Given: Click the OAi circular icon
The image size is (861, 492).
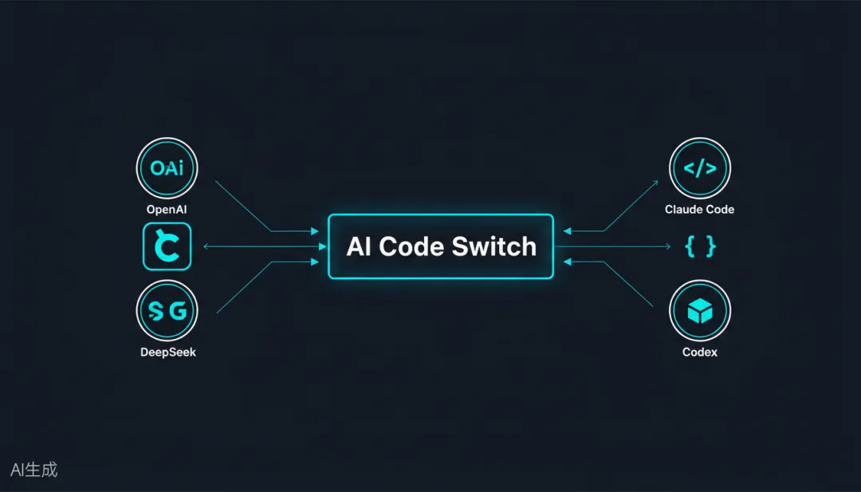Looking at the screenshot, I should [x=167, y=168].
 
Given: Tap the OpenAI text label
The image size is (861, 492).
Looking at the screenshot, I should [x=167, y=210].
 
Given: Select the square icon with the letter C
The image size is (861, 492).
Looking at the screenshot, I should [x=167, y=247].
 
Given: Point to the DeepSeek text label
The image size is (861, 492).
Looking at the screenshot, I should [x=167, y=352].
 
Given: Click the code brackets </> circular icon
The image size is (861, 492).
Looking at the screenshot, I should [x=699, y=168].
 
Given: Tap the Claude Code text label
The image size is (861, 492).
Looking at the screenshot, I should [x=699, y=210].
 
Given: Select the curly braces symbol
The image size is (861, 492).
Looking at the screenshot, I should [x=700, y=247].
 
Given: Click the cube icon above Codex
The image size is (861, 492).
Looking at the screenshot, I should [x=699, y=312].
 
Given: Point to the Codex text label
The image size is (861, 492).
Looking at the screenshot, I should [x=699, y=352].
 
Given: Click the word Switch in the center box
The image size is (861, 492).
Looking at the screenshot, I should [x=494, y=247].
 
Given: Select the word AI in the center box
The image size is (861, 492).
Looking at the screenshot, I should [x=360, y=247].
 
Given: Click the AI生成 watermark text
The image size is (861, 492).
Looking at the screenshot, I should [x=34, y=470].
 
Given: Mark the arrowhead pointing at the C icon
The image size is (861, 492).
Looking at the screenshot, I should [x=206, y=247].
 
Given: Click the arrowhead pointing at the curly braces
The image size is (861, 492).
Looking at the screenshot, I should [x=667, y=247].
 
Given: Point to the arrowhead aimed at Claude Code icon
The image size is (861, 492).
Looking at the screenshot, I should [x=655, y=183].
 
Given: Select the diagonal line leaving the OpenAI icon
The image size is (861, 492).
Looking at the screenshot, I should [x=243, y=206].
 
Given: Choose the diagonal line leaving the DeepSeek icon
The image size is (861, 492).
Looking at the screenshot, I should [x=243, y=287].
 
